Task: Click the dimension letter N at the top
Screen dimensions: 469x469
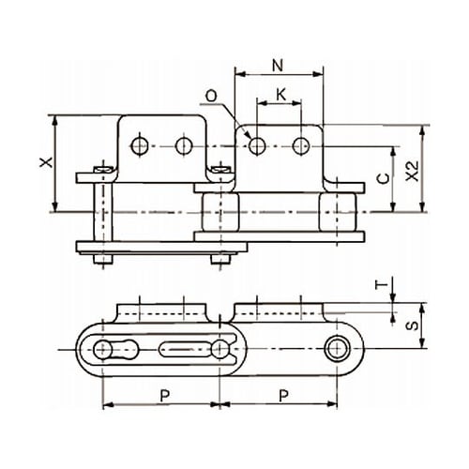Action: point(278,66)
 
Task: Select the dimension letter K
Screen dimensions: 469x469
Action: point(281,95)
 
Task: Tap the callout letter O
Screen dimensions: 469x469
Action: point(212,97)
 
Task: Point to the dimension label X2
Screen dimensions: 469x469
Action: point(413,171)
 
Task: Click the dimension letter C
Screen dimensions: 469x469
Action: point(384,178)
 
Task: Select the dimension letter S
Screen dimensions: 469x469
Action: point(413,325)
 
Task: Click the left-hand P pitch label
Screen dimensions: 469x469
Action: point(165,396)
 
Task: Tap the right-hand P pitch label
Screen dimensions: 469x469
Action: point(283,396)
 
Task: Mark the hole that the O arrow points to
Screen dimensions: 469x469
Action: point(257,145)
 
